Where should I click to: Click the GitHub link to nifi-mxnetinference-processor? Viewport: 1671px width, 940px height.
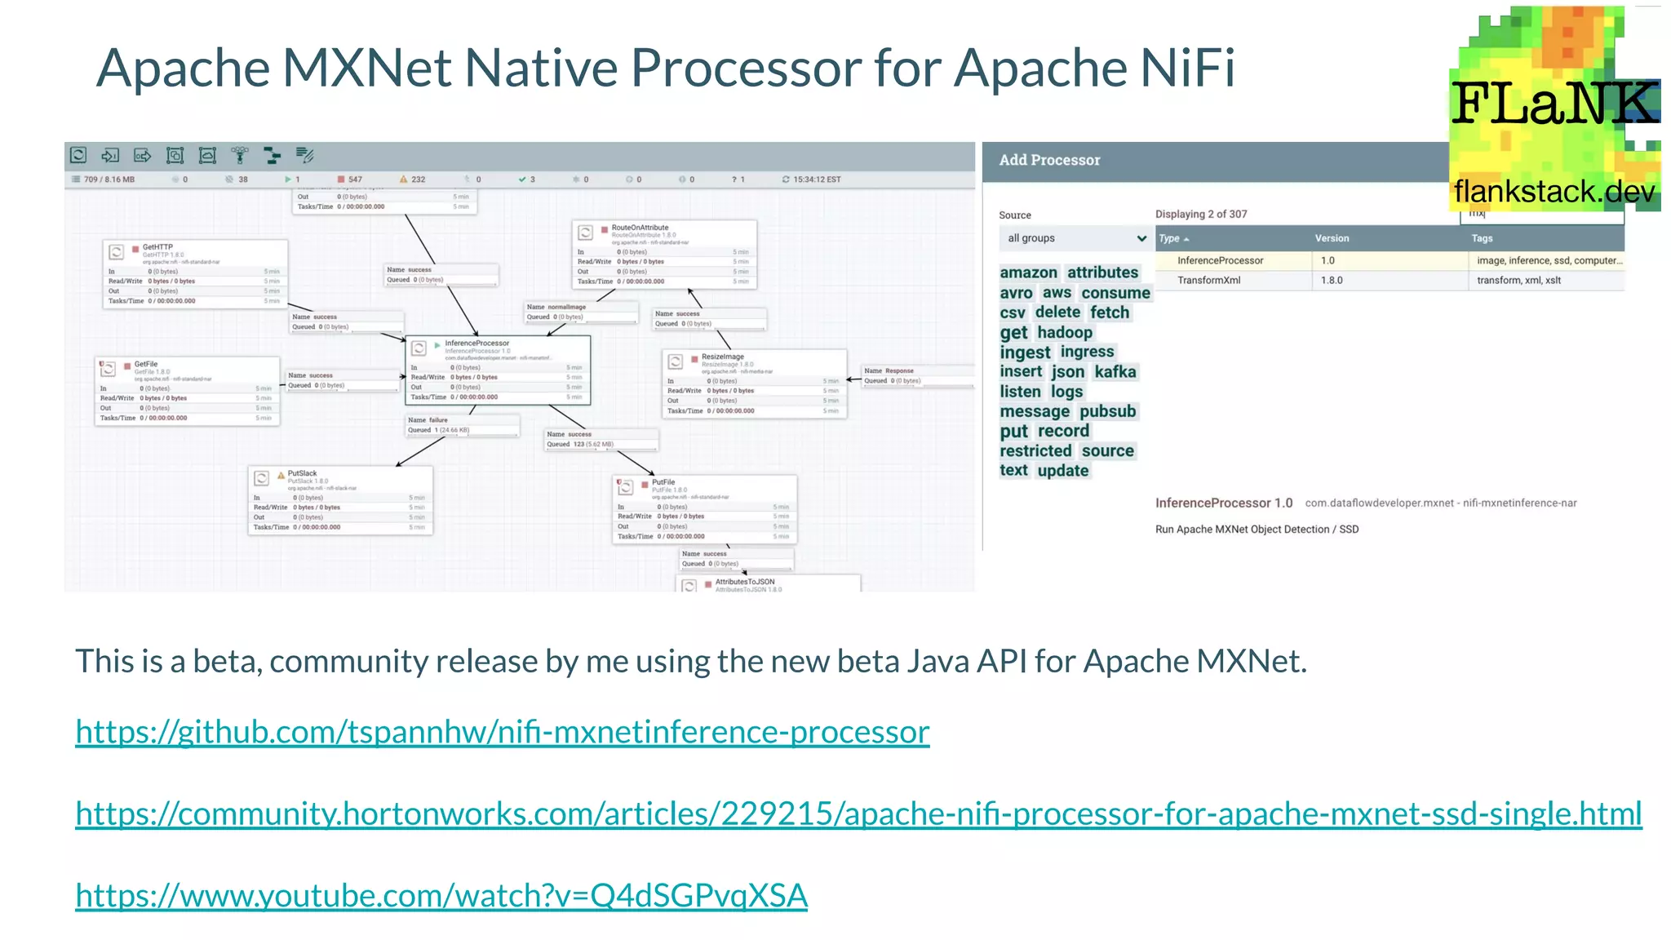tap(502, 732)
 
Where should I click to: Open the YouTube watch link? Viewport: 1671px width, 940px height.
tap(441, 895)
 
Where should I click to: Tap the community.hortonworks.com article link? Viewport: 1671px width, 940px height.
tap(858, 814)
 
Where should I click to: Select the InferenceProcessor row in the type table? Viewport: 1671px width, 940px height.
tap(1220, 260)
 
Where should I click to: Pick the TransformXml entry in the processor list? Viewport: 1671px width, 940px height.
tap(1208, 280)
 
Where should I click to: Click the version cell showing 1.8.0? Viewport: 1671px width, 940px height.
tap(1332, 280)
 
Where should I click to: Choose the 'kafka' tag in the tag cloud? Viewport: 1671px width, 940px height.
tap(1115, 372)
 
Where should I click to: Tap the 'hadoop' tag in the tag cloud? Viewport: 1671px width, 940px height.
tap(1064, 332)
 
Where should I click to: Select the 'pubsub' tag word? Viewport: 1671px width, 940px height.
tap(1107, 411)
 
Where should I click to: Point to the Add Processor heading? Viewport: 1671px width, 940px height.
tap(1049, 160)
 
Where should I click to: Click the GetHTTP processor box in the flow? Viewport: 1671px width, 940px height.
tap(194, 273)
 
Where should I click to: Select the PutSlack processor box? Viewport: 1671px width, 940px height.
tap(339, 500)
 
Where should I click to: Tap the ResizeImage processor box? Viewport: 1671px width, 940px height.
tap(754, 384)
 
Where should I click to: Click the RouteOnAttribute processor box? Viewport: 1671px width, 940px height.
tap(663, 254)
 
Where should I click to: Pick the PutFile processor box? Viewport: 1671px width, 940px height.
tap(704, 509)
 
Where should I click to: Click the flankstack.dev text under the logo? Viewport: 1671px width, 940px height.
tap(1554, 192)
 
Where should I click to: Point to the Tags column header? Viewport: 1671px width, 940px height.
tap(1482, 238)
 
